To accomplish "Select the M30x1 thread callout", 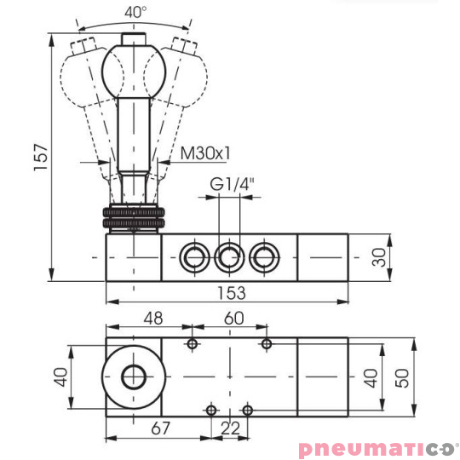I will pos(204,154).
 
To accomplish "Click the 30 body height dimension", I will pos(380,256).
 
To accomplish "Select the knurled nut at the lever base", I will pos(132,216).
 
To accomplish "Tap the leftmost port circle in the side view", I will pos(193,255).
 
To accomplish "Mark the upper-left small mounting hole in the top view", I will pos(193,343).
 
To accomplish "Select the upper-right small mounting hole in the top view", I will pos(267,343).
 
